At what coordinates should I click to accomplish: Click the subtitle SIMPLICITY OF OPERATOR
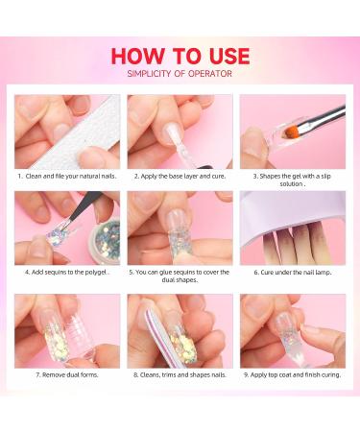click(x=180, y=74)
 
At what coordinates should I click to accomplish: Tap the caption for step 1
click(x=66, y=177)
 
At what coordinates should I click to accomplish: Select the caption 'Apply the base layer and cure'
click(x=179, y=177)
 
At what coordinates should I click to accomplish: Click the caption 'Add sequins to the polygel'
click(x=66, y=272)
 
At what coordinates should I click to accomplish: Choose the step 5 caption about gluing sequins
click(x=179, y=276)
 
